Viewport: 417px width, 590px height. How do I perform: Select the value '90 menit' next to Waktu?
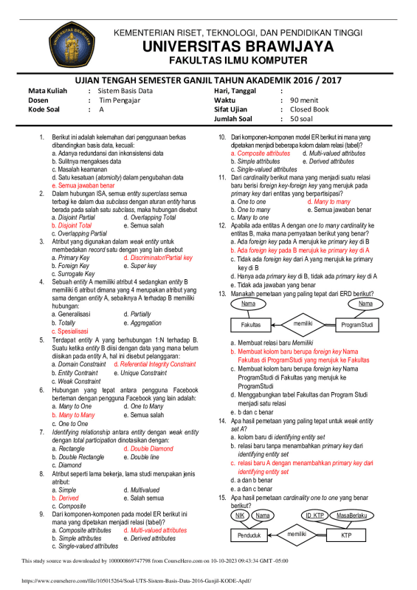(x=305, y=99)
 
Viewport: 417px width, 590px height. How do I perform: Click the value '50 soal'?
(x=303, y=118)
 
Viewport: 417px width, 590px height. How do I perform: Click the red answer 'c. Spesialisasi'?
(x=76, y=332)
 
